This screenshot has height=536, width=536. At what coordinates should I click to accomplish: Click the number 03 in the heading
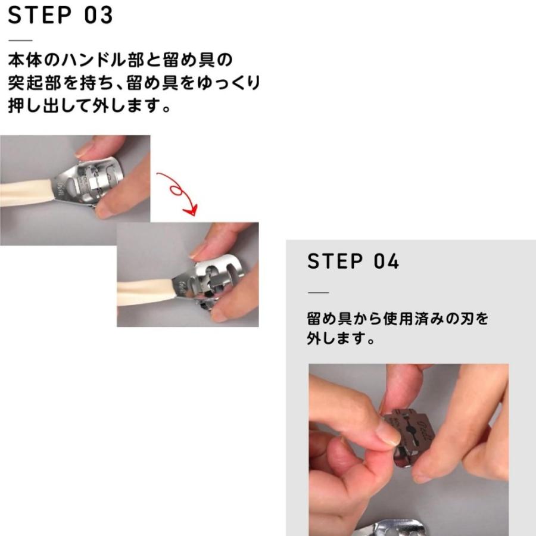[98, 15]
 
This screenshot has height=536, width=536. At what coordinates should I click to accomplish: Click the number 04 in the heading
[387, 261]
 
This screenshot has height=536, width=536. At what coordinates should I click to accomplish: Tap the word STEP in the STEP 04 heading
[335, 261]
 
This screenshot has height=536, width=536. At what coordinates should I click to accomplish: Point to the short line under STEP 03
[20, 40]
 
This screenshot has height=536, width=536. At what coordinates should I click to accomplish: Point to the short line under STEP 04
[318, 292]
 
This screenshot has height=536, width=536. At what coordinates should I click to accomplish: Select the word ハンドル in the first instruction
[92, 60]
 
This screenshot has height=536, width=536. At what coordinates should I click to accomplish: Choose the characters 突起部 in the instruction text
[34, 83]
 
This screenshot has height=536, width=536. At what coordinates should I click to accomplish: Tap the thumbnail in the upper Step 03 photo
[83, 151]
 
